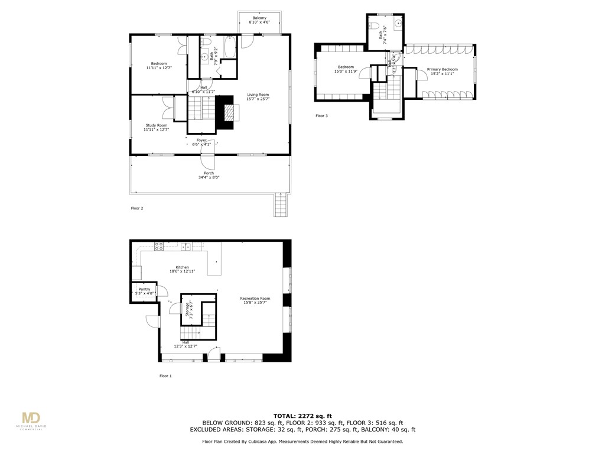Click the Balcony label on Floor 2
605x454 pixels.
click(x=259, y=18)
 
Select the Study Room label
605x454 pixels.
click(x=157, y=125)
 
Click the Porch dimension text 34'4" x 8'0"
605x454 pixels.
click(x=209, y=177)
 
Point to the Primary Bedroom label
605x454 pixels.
click(x=442, y=69)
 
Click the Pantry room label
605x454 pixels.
click(x=144, y=289)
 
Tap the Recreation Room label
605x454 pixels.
click(x=255, y=299)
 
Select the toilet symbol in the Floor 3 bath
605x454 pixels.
click(x=377, y=25)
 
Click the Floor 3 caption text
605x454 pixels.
click(x=321, y=116)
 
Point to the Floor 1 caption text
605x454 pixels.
click(x=165, y=376)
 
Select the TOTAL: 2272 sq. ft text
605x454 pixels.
click(x=302, y=416)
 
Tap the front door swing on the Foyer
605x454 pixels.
click(x=208, y=161)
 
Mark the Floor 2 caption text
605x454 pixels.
click(x=137, y=208)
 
